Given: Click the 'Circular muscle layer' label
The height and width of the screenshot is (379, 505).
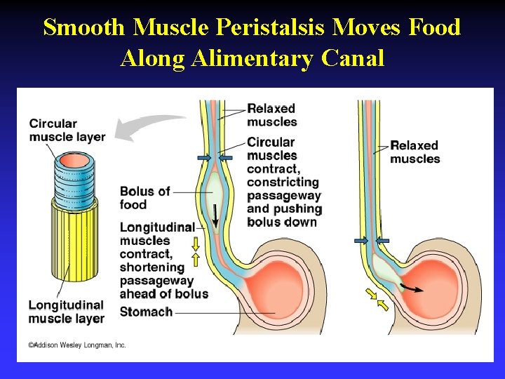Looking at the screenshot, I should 67,130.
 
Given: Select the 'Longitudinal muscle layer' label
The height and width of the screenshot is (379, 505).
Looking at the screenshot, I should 66,312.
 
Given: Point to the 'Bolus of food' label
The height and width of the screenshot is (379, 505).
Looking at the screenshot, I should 144,198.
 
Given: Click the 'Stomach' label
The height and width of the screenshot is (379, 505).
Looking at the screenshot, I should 146,312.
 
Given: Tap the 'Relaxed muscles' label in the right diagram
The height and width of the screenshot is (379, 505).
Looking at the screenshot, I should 415,152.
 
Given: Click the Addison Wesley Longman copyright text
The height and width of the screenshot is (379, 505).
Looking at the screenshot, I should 77,345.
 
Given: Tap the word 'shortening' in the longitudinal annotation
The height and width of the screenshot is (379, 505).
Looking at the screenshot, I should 151,267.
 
